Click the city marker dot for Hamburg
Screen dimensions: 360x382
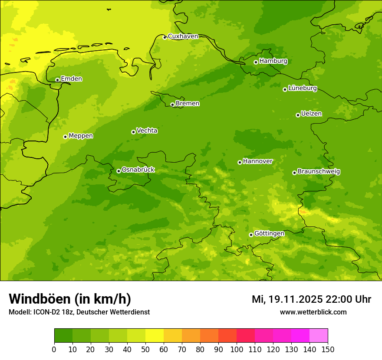(x=256, y=62)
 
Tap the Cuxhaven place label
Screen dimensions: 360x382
(x=183, y=36)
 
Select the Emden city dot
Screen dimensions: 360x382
(x=57, y=80)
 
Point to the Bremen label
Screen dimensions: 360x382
(x=188, y=104)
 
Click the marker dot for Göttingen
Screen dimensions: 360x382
(x=251, y=235)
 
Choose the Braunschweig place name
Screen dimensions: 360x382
(x=319, y=172)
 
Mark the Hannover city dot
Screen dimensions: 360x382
(x=240, y=162)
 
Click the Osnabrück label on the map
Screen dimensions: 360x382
(x=138, y=170)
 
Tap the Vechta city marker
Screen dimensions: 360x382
(x=133, y=132)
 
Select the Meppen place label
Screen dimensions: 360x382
(x=81, y=136)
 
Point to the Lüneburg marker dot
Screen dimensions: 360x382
(x=285, y=89)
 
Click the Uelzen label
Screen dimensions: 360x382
(x=311, y=114)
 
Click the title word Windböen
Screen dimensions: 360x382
(x=40, y=299)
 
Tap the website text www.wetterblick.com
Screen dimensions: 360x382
(x=313, y=312)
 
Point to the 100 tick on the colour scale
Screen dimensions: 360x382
(x=237, y=349)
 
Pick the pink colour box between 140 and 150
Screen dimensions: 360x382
(x=319, y=336)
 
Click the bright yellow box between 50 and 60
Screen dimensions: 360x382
(x=155, y=336)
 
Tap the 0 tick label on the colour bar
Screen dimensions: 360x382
(x=54, y=349)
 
